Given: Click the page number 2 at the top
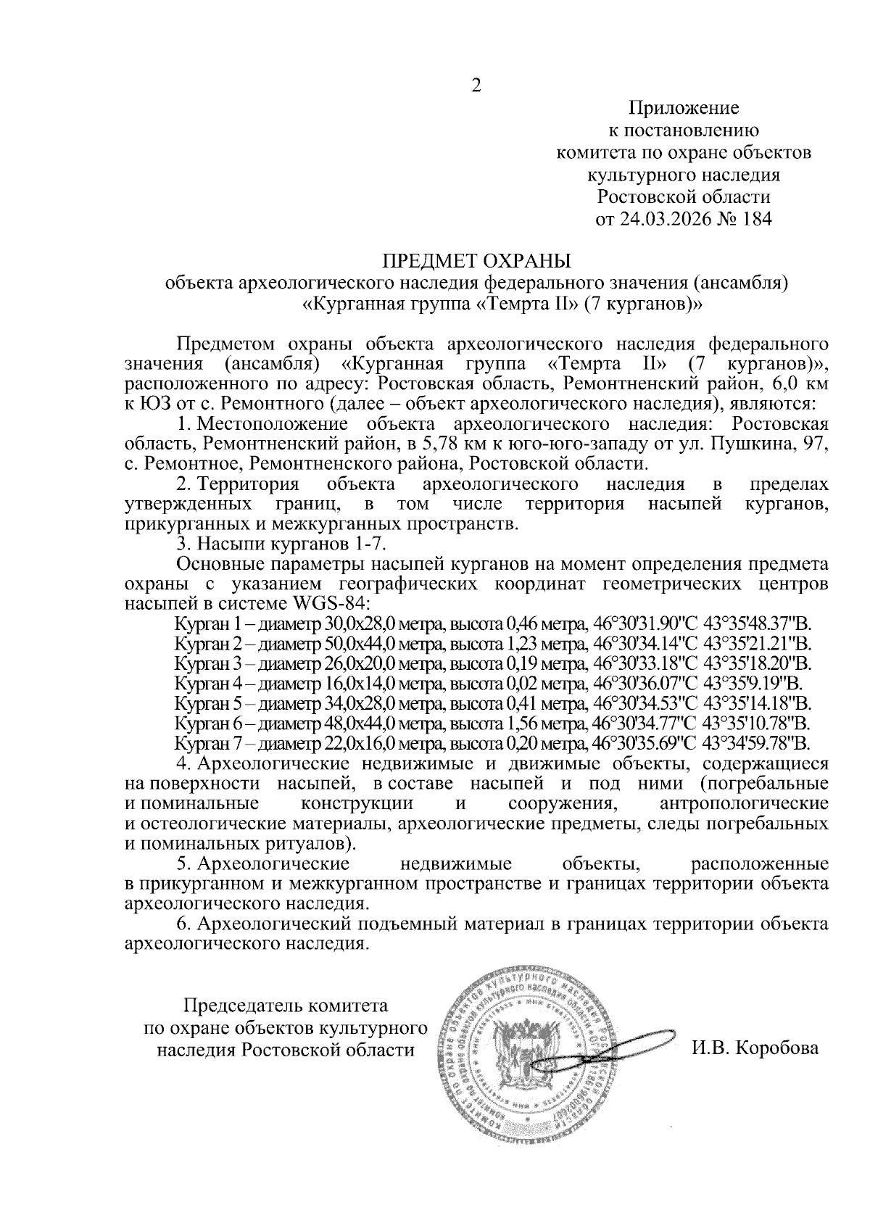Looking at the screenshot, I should tap(476, 86).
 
